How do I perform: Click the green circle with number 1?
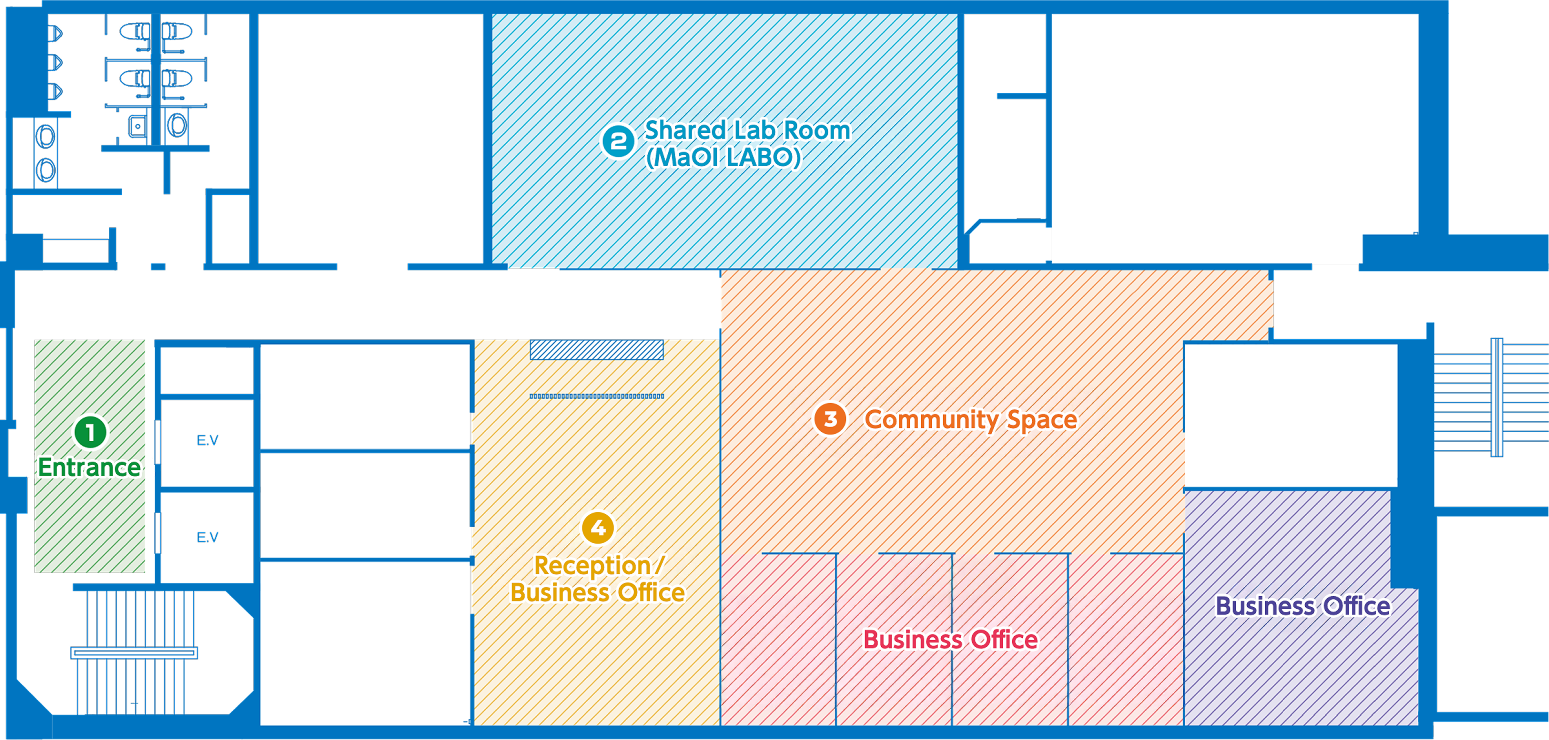coord(90,432)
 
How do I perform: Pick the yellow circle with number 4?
coord(598,528)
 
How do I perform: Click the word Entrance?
coord(89,468)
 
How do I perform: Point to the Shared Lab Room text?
coord(747,130)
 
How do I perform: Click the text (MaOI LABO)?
coord(724,158)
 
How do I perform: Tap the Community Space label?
coord(970,419)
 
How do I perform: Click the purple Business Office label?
coord(1302,606)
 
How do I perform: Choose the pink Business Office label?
coord(950,640)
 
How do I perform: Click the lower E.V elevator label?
coord(208,537)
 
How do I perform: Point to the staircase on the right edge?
coord(1491,397)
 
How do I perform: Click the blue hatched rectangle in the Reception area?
coord(596,350)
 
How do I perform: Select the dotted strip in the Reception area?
coord(596,396)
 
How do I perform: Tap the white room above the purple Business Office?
coord(1290,415)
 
